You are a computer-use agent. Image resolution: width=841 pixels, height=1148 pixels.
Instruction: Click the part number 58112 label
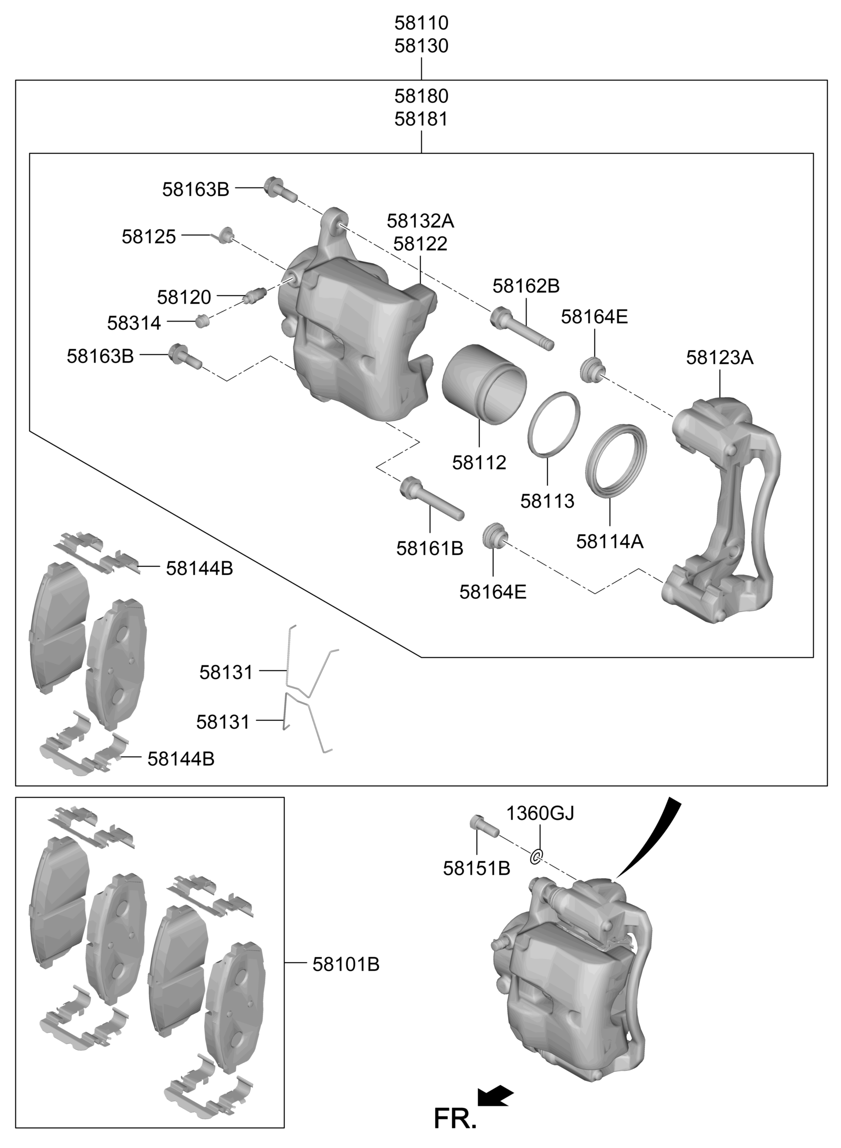pyautogui.click(x=479, y=462)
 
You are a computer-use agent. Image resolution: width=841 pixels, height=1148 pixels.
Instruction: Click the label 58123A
pyautogui.click(x=719, y=358)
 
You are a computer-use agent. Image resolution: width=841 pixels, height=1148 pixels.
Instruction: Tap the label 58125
pyautogui.click(x=149, y=236)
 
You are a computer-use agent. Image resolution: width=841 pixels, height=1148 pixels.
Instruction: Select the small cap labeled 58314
pyautogui.click(x=202, y=321)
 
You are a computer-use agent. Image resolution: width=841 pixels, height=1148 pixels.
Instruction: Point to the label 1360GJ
pyautogui.click(x=540, y=813)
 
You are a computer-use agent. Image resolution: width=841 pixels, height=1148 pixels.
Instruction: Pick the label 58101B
pyautogui.click(x=346, y=964)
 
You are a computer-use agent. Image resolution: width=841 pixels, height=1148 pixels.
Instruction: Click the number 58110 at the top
pyautogui.click(x=421, y=23)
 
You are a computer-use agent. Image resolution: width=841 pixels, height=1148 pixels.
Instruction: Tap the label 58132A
pyautogui.click(x=420, y=221)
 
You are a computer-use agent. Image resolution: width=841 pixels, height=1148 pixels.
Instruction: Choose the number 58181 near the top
pyautogui.click(x=421, y=119)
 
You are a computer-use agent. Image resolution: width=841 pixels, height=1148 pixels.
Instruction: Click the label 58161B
pyautogui.click(x=430, y=548)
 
